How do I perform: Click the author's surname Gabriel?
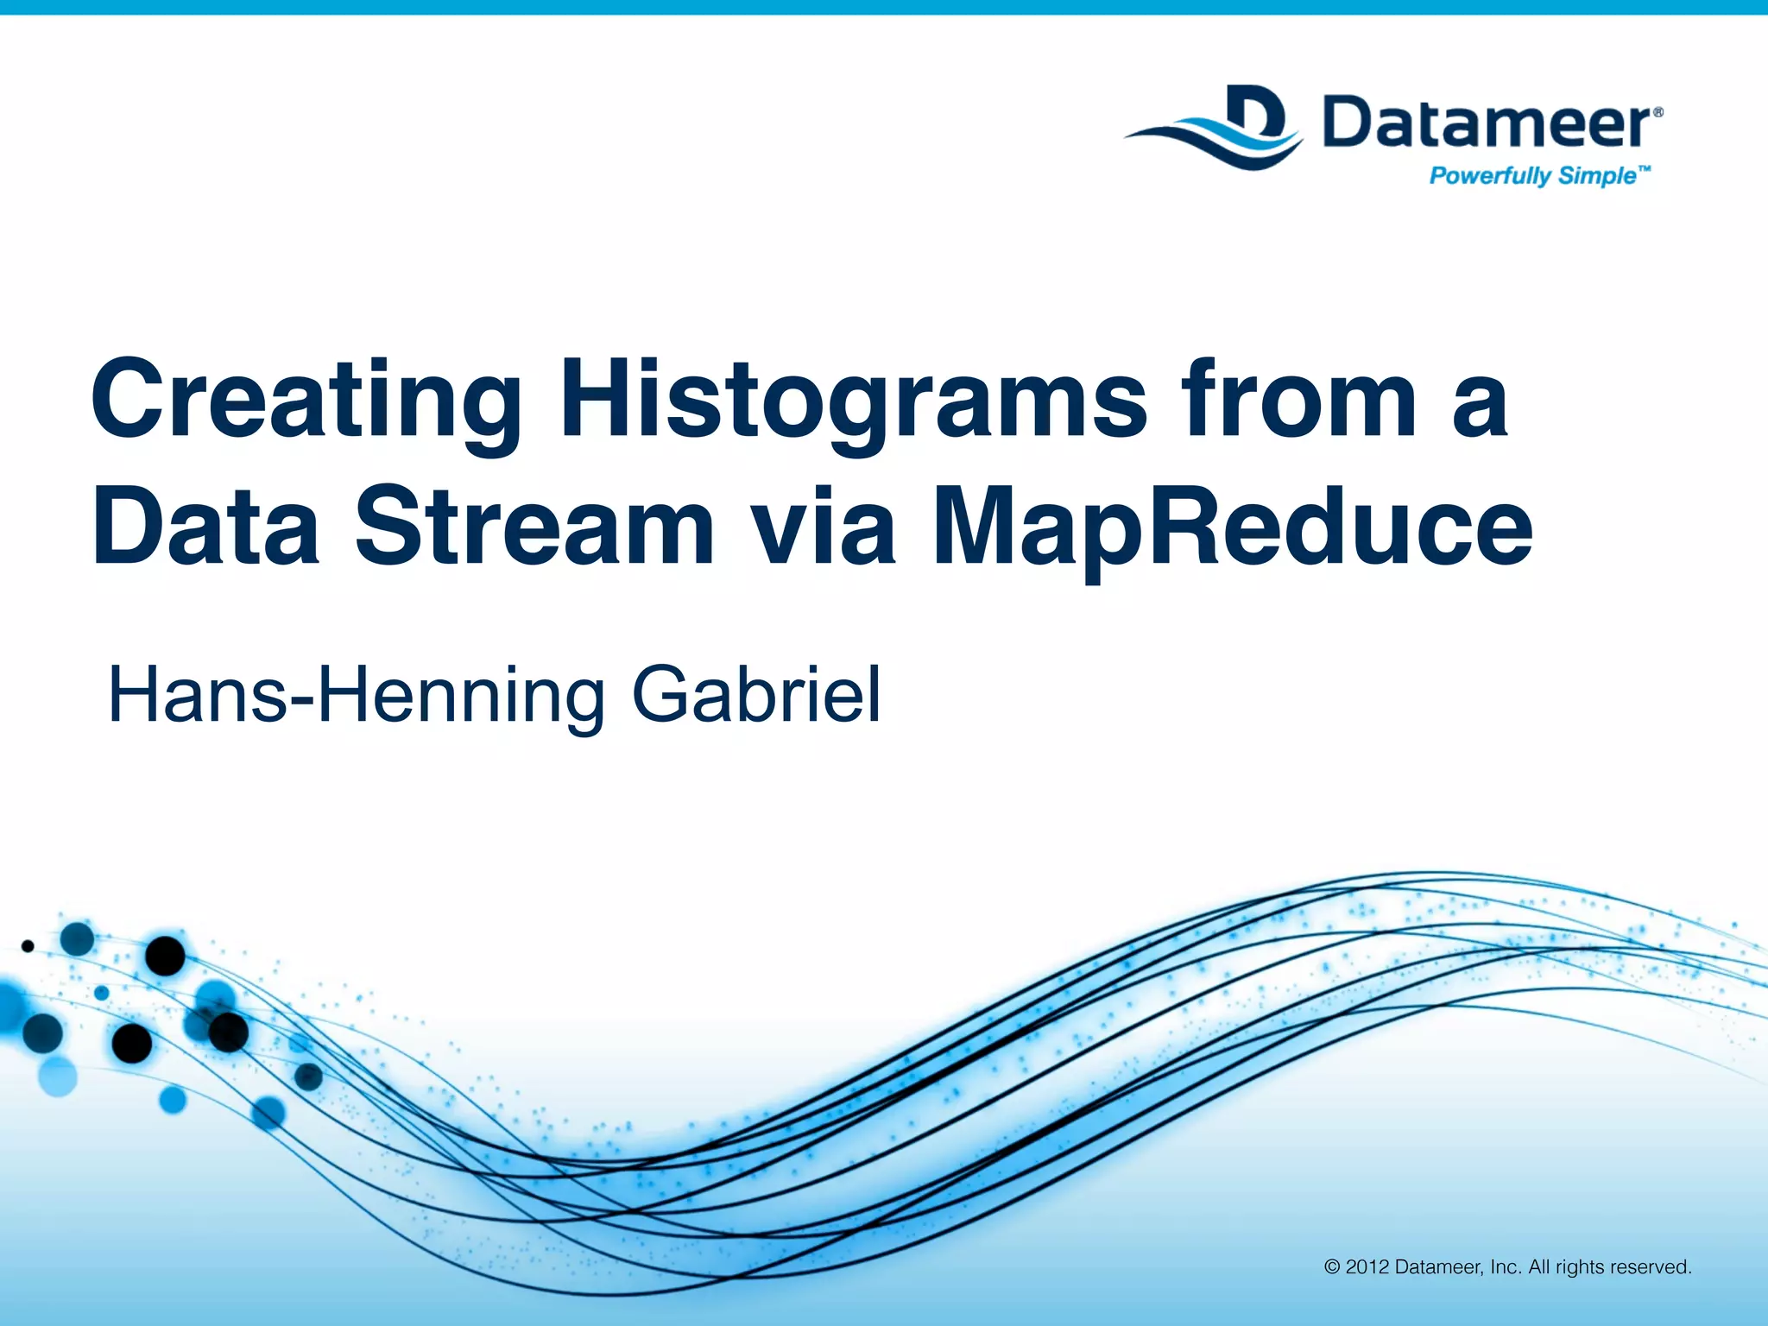click(757, 695)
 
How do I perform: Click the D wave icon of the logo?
click(1217, 128)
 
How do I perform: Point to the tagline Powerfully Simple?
click(1532, 176)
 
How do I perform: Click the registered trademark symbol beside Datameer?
click(1657, 113)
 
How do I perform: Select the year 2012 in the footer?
click(1367, 1267)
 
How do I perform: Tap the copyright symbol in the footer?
click(1332, 1267)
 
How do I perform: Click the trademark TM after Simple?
click(1644, 171)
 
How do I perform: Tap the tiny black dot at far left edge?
click(28, 946)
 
